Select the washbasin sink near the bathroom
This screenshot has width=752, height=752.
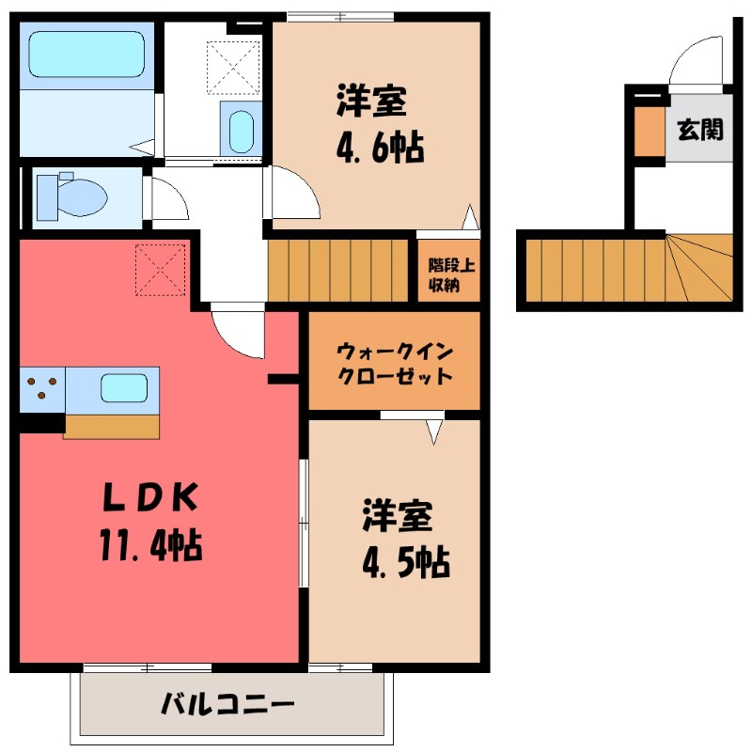point(242,132)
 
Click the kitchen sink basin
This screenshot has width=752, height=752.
point(123,387)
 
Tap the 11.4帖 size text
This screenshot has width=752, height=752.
point(150,545)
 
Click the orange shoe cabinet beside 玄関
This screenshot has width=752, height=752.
point(648,130)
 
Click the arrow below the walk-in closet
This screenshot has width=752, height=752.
point(433,431)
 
